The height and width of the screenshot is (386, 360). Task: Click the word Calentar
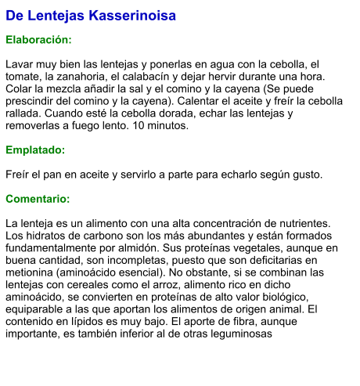214,101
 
